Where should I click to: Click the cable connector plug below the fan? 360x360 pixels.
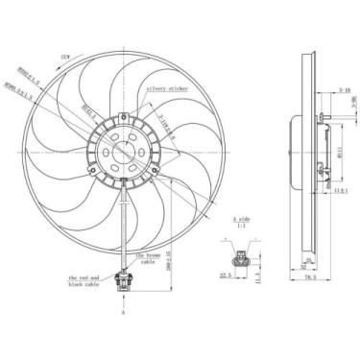(x=122, y=283)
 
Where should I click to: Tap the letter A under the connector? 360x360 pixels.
(x=122, y=312)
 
